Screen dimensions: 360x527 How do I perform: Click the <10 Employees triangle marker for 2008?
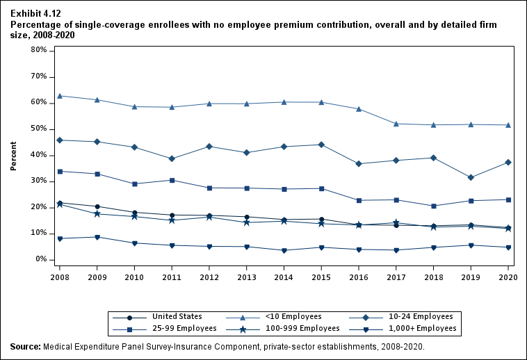coord(60,96)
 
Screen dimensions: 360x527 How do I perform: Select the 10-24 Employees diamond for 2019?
coord(471,178)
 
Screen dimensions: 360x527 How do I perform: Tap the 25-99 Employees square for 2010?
coord(134,184)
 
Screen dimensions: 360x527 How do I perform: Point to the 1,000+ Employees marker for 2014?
coord(284,251)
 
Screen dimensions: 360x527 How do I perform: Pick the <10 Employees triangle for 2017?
coord(396,124)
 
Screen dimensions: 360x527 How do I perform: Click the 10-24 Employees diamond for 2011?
coord(172,159)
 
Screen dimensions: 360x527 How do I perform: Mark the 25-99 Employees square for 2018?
coord(433,206)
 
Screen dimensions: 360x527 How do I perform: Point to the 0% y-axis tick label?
coord(40,259)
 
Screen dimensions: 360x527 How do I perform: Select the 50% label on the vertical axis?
coord(38,129)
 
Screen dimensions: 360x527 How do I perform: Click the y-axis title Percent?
coord(13,156)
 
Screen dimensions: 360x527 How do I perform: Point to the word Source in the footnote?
coord(25,347)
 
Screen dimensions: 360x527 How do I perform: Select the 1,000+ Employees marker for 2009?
coord(97,238)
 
